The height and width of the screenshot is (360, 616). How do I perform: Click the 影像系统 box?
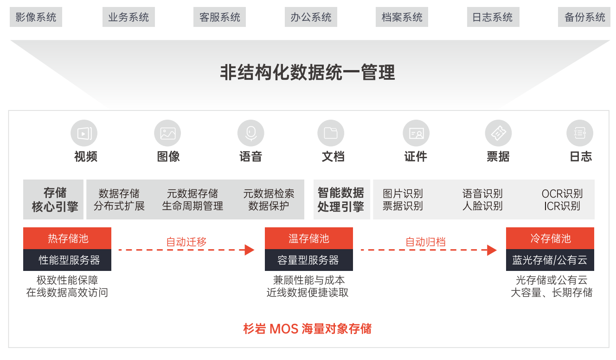point(36,17)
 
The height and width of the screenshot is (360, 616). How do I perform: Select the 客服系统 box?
point(219,17)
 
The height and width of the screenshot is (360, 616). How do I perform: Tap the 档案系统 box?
point(402,17)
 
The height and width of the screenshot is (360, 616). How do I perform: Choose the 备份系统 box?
point(584,17)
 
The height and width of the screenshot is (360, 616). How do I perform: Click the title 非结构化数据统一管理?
point(308,73)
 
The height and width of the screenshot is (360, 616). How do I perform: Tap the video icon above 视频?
point(84,133)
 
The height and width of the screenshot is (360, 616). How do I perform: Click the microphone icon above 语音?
point(251,133)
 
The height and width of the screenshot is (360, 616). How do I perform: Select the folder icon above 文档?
point(331,133)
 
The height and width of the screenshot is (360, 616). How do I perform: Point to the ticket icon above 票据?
point(498,133)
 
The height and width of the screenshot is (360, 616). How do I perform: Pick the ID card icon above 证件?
point(416,133)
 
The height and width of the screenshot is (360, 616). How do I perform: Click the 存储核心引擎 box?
point(53,199)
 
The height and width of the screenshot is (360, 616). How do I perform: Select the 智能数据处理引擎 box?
point(342,199)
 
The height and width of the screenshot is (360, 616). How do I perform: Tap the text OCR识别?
point(562,193)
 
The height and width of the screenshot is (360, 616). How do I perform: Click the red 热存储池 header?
point(67,238)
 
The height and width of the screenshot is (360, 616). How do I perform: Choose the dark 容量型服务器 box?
point(309,260)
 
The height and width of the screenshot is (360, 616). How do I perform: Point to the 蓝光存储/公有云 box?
point(550,260)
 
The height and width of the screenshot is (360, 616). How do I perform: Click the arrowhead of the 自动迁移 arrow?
point(250,250)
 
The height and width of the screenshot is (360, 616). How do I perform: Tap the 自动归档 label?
point(425,242)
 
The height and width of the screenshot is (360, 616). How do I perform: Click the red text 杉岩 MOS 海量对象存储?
point(308,329)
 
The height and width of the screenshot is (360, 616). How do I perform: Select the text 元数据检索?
point(269,193)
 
